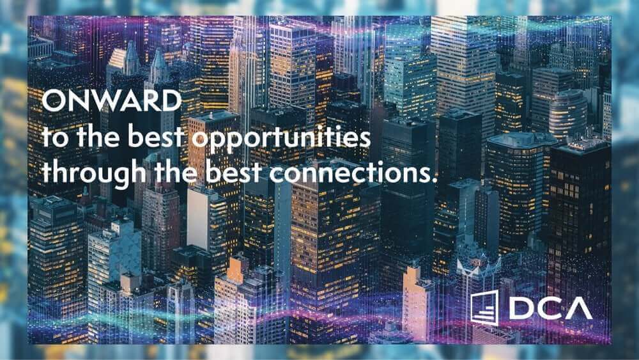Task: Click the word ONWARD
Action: tap(112, 100)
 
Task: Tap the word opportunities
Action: tap(281, 138)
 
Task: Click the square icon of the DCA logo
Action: tap(484, 308)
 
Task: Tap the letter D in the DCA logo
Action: tap(522, 308)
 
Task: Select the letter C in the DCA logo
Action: tap(550, 308)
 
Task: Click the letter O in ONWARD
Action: tap(54, 100)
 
